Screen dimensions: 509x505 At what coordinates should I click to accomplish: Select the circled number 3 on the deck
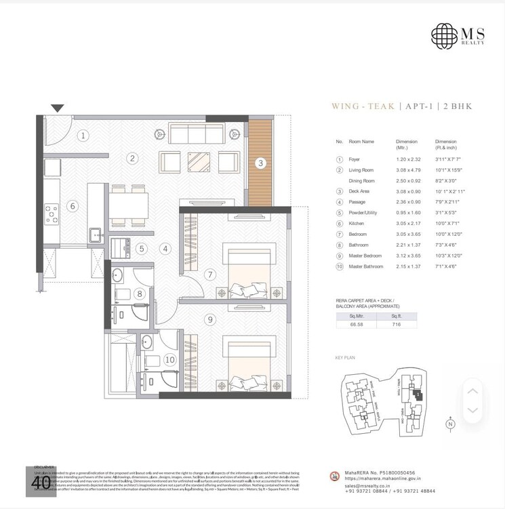[x=260, y=163]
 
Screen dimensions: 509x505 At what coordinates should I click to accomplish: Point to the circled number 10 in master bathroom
[x=169, y=360]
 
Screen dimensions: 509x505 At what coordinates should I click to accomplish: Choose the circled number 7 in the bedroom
[x=211, y=274]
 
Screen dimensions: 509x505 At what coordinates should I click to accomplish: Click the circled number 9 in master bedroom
[x=211, y=319]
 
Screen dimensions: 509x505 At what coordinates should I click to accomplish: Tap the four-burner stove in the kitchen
[x=52, y=215]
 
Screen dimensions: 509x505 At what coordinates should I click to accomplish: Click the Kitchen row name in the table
[x=357, y=223]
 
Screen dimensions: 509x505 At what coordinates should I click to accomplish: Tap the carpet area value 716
[x=397, y=325]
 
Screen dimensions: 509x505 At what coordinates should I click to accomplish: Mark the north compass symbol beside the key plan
[x=449, y=424]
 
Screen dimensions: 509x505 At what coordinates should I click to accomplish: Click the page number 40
[x=41, y=482]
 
